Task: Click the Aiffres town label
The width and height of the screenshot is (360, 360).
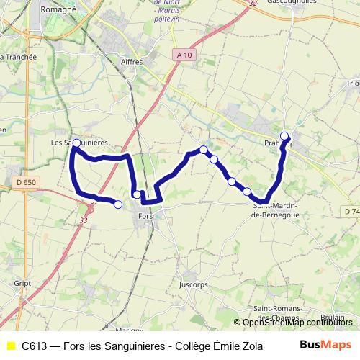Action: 132,62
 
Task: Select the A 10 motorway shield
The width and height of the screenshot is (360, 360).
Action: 184,55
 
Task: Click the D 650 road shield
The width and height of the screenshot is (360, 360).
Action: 25,183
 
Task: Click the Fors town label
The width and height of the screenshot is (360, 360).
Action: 146,216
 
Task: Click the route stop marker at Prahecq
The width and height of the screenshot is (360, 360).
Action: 285,136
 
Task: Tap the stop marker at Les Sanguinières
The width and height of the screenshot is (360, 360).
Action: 76,143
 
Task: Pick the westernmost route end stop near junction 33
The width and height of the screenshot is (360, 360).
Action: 118,204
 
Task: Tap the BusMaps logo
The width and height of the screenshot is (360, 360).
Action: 326,345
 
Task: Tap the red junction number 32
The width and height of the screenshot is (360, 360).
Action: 252,3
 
